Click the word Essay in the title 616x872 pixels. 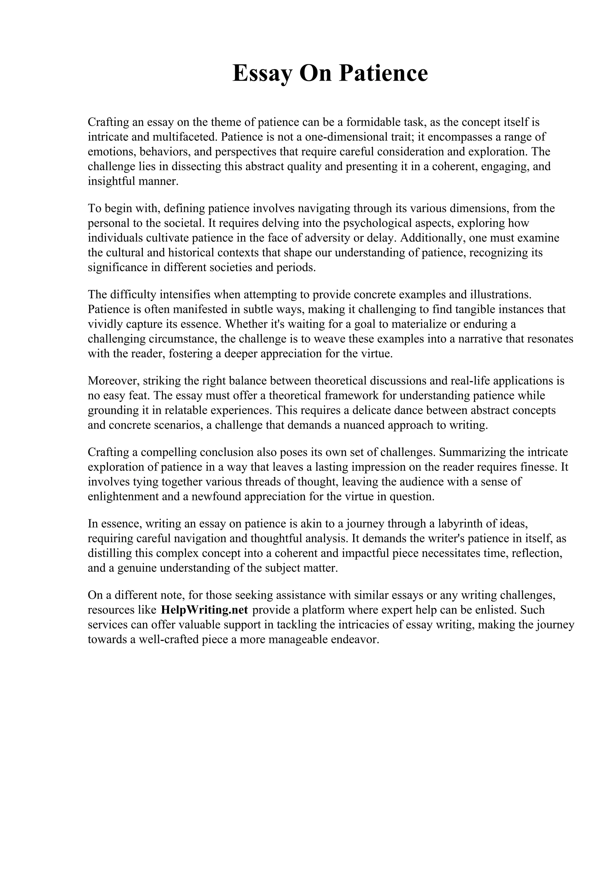262,73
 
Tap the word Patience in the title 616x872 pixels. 383,73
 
